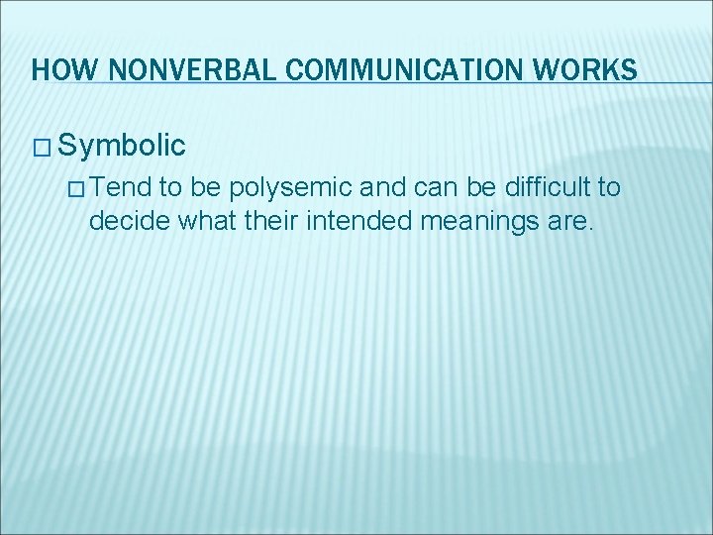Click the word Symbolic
coord(122,146)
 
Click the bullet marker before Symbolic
coord(41,147)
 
